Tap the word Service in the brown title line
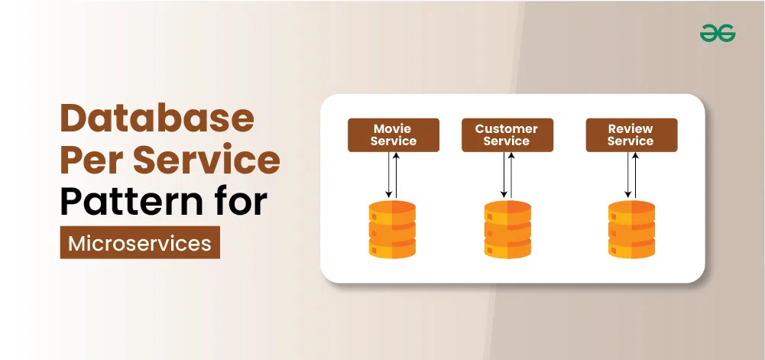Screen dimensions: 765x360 point(207,160)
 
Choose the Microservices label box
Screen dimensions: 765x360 point(140,242)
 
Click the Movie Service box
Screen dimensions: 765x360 point(394,135)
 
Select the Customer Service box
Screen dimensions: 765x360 point(507,135)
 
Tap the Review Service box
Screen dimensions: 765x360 point(631,135)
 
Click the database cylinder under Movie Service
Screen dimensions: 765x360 point(392,229)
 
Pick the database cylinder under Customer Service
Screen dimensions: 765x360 point(507,229)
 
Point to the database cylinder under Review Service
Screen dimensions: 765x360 point(632,229)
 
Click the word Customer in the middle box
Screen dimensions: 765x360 point(507,128)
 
